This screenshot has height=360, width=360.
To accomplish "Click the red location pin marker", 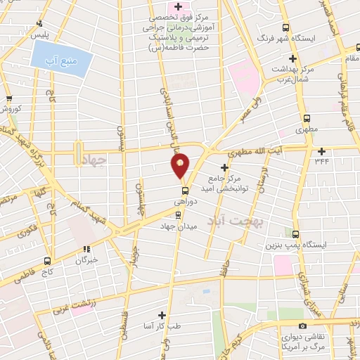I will click(181, 165).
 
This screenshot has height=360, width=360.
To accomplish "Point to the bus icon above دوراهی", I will click(184, 190).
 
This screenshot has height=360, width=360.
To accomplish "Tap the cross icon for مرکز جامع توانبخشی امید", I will click(224, 167).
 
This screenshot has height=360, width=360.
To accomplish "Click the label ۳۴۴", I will click(321, 161).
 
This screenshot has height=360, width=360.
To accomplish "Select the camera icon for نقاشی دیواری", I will click(302, 326).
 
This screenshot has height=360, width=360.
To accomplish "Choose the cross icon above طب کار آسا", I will click(162, 315).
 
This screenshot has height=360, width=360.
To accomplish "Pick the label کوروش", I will click(10, 110).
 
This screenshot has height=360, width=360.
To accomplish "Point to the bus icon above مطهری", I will click(306, 118).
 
